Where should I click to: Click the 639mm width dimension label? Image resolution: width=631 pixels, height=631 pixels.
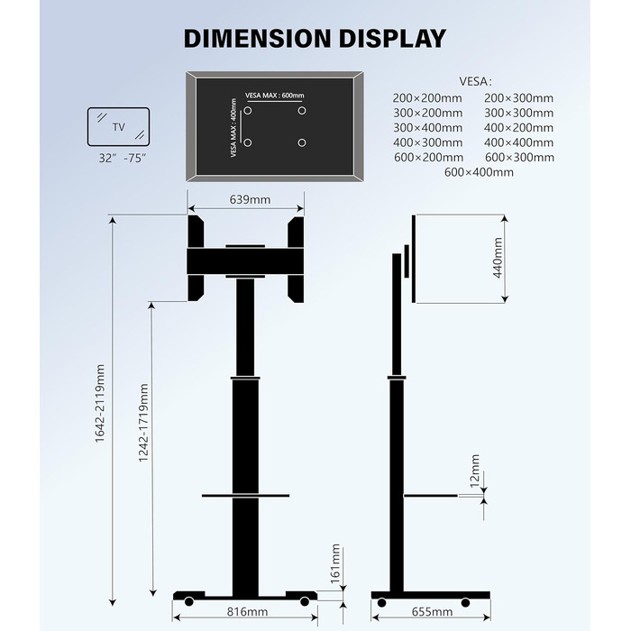(x=250, y=199)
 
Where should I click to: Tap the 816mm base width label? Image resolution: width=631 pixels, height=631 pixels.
(x=247, y=612)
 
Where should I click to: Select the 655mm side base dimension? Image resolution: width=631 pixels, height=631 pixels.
(x=432, y=612)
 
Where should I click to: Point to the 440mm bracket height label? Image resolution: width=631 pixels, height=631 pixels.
(x=498, y=258)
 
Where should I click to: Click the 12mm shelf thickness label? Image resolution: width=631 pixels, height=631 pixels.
(x=475, y=471)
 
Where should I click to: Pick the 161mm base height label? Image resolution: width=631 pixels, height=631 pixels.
(x=335, y=563)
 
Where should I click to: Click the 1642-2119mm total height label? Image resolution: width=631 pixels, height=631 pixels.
(x=100, y=404)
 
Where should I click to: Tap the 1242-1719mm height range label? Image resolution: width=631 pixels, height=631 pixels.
(x=143, y=423)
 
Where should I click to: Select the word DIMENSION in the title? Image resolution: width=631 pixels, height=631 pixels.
(x=257, y=39)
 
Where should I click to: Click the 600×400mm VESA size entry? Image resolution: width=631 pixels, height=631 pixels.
(x=479, y=172)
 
